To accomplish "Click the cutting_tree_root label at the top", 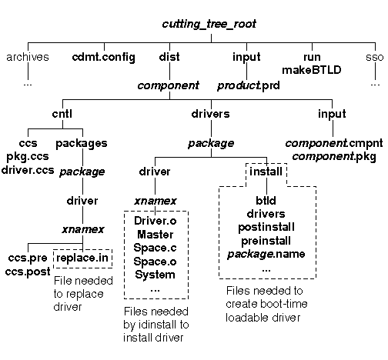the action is coord(209,24).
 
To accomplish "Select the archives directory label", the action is coord(28,57).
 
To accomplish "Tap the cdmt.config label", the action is coord(104,58).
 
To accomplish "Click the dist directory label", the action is coord(169,57).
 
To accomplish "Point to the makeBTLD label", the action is coord(312,70).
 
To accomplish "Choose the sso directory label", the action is coord(375,58).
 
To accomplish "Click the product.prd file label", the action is coord(249,85).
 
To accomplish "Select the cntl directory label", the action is coord(62,114).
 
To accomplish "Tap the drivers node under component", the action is coord(210,114).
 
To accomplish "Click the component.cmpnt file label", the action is coord(334,143).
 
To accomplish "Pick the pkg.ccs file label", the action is coord(28,156).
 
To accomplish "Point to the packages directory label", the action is coord(82,144).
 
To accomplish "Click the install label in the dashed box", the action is coord(266,172).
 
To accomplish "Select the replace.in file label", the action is coord(82,258).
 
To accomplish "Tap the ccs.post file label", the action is coord(28,272).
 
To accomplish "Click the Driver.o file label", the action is coord(156,221).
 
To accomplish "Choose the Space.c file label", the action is coord(155,248).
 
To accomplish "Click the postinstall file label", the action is coord(266,228).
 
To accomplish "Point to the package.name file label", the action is coord(266,255).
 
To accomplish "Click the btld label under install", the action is coord(266,201).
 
